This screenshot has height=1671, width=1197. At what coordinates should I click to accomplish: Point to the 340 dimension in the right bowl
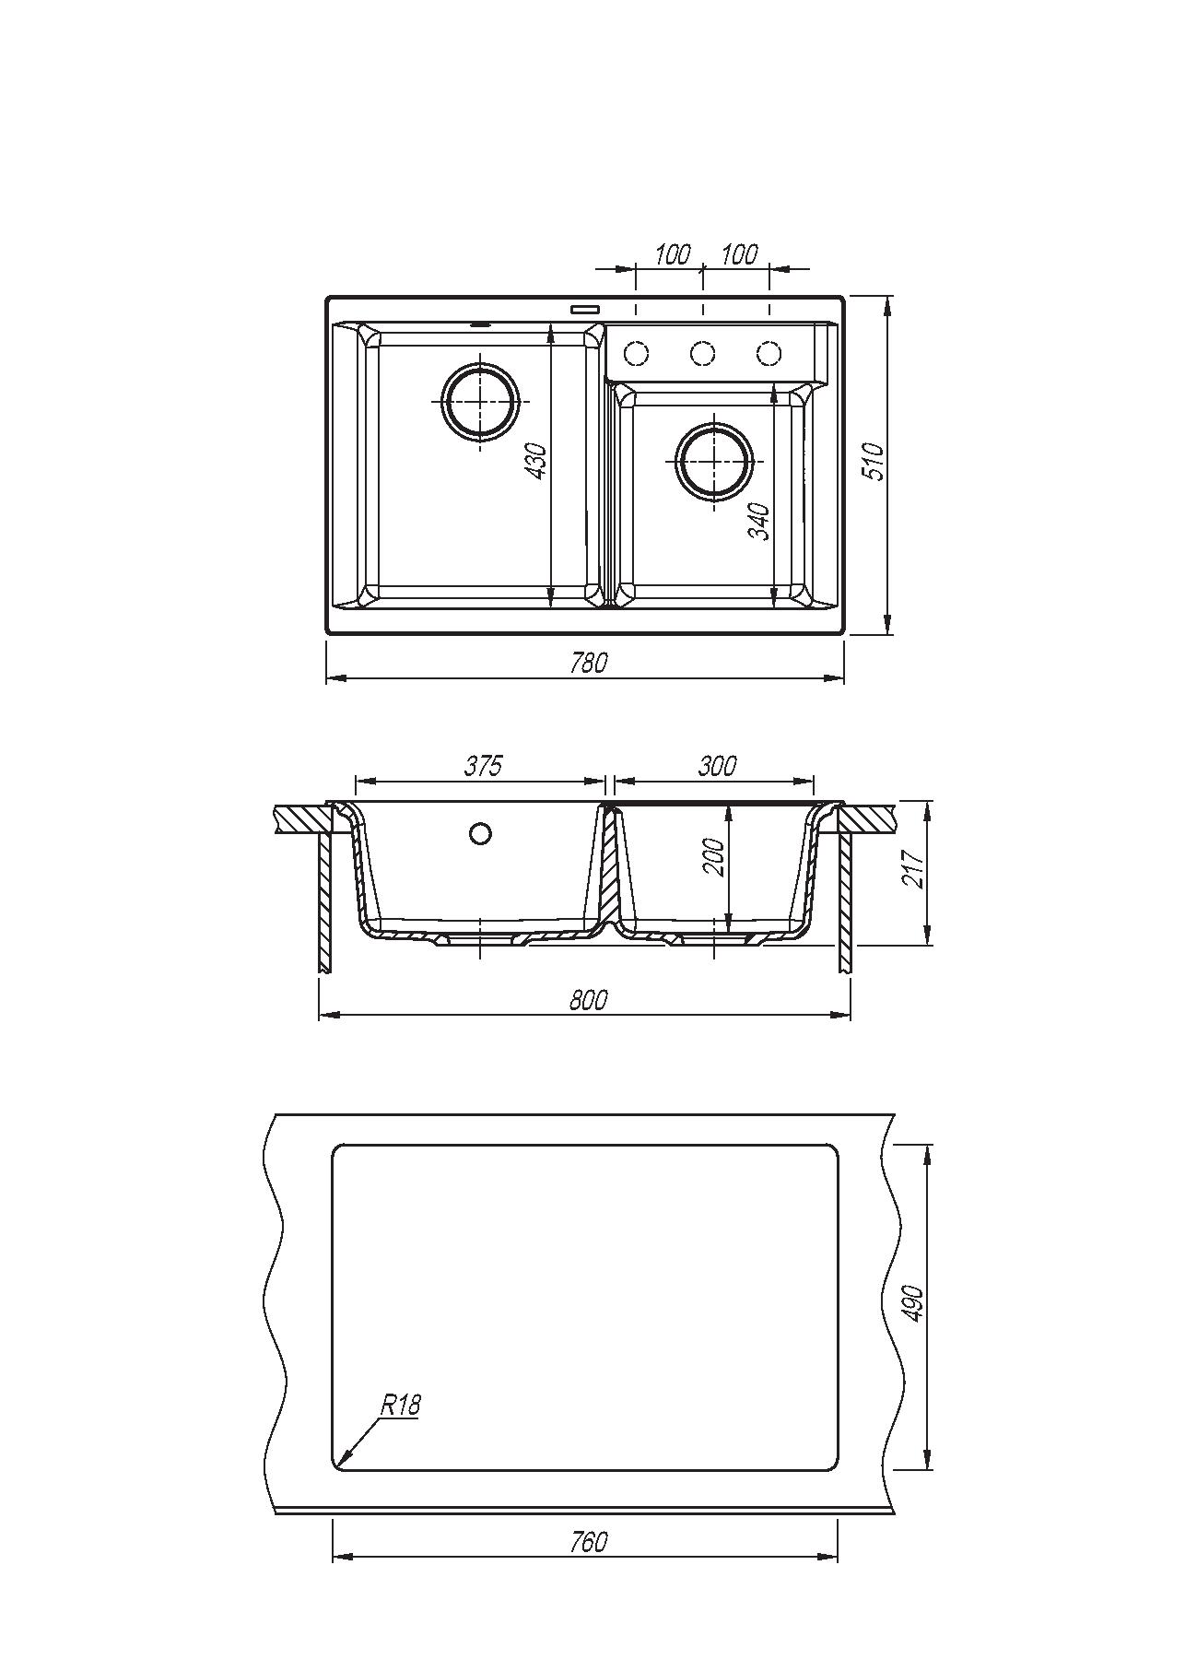[x=758, y=521]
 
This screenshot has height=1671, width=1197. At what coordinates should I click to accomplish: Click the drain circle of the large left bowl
[x=480, y=402]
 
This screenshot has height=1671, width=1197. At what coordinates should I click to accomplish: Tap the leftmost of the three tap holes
[x=636, y=353]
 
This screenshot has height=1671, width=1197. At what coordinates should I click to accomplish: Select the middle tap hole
[x=703, y=353]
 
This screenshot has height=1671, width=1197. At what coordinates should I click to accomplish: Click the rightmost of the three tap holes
[x=769, y=353]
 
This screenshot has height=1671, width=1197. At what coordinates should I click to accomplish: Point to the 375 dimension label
[x=483, y=766]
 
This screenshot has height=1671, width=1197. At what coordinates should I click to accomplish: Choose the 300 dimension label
[x=718, y=766]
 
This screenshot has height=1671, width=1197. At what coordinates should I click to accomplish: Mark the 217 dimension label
[x=913, y=871]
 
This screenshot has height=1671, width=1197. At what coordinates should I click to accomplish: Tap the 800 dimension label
[x=588, y=1000]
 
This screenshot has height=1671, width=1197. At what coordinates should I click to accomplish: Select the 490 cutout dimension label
[x=912, y=1305]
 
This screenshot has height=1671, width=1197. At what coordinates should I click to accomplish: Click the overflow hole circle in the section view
[x=480, y=834]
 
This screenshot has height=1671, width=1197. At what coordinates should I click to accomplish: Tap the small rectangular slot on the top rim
[x=585, y=310]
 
